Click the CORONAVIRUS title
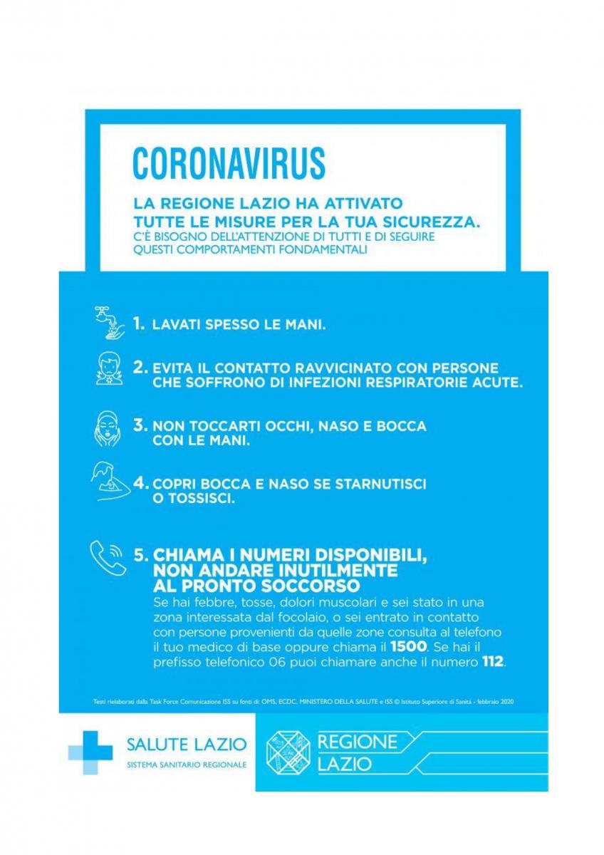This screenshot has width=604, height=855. pyautogui.click(x=229, y=163)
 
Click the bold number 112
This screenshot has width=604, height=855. pyautogui.click(x=491, y=663)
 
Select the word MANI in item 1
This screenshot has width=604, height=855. pyautogui.click(x=304, y=325)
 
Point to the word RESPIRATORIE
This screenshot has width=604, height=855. pyautogui.click(x=412, y=383)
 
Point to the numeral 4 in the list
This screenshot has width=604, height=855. pyautogui.click(x=140, y=484)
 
